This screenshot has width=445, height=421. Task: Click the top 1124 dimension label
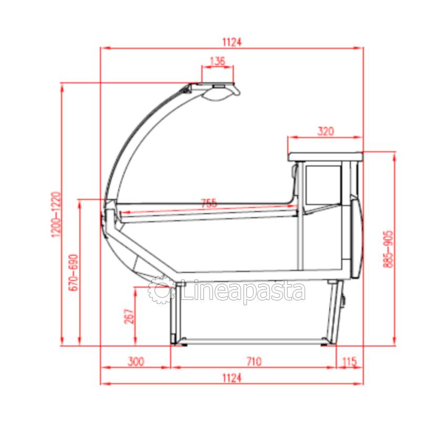pos(232,42)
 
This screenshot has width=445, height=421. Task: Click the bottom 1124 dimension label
pos(232,378)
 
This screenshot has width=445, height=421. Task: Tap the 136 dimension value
pos(218,61)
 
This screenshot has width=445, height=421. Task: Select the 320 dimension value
pos(326,132)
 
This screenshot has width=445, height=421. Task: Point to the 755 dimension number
pos(209,203)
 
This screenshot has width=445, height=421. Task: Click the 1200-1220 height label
pos(56,214)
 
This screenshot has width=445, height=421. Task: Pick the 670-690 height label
pos(74,272)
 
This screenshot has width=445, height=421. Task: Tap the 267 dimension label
pos(129,316)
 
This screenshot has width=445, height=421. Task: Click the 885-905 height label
pos(388,249)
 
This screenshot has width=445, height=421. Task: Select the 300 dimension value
pos(136,362)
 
